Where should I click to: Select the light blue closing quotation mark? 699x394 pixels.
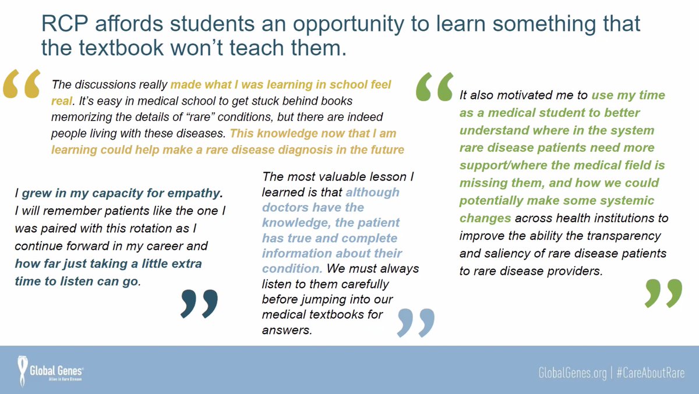(x=415, y=322)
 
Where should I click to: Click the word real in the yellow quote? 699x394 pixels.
(x=62, y=100)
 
